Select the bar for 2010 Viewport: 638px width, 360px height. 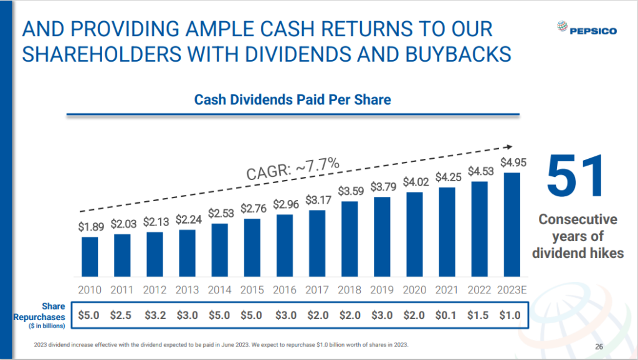(90, 256)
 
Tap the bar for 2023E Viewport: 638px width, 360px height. (512, 224)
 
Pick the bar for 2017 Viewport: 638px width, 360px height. (317, 243)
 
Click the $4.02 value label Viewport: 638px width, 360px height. (414, 182)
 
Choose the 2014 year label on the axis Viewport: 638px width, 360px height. (219, 290)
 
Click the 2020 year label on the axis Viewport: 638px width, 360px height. (414, 290)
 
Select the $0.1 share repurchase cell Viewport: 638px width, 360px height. (447, 315)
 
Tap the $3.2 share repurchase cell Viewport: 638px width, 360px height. (155, 315)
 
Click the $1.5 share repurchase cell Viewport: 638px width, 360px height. (479, 315)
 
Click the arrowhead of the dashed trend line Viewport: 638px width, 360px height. (508, 148)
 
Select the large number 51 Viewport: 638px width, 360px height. (576, 177)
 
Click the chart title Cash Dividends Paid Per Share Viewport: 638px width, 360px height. (292, 100)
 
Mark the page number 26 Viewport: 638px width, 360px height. (599, 347)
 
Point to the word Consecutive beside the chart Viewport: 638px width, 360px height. (578, 220)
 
